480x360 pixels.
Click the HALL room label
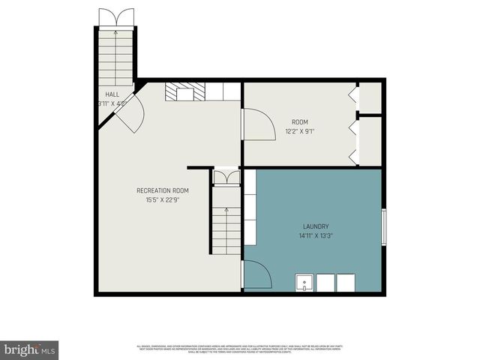tap(112, 94)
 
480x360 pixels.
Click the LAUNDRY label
tap(316, 226)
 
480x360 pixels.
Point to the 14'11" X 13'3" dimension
tap(316, 235)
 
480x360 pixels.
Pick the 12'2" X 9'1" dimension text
tap(300, 130)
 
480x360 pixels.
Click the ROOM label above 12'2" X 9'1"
tap(300, 121)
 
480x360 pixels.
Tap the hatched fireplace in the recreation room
tap(180, 91)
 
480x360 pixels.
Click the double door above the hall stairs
tap(116, 18)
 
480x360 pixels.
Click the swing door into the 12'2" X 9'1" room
tap(258, 124)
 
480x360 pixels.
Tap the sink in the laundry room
tap(304, 283)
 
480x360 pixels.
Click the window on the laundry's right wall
tap(385, 227)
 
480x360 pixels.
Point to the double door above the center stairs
tap(226, 177)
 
